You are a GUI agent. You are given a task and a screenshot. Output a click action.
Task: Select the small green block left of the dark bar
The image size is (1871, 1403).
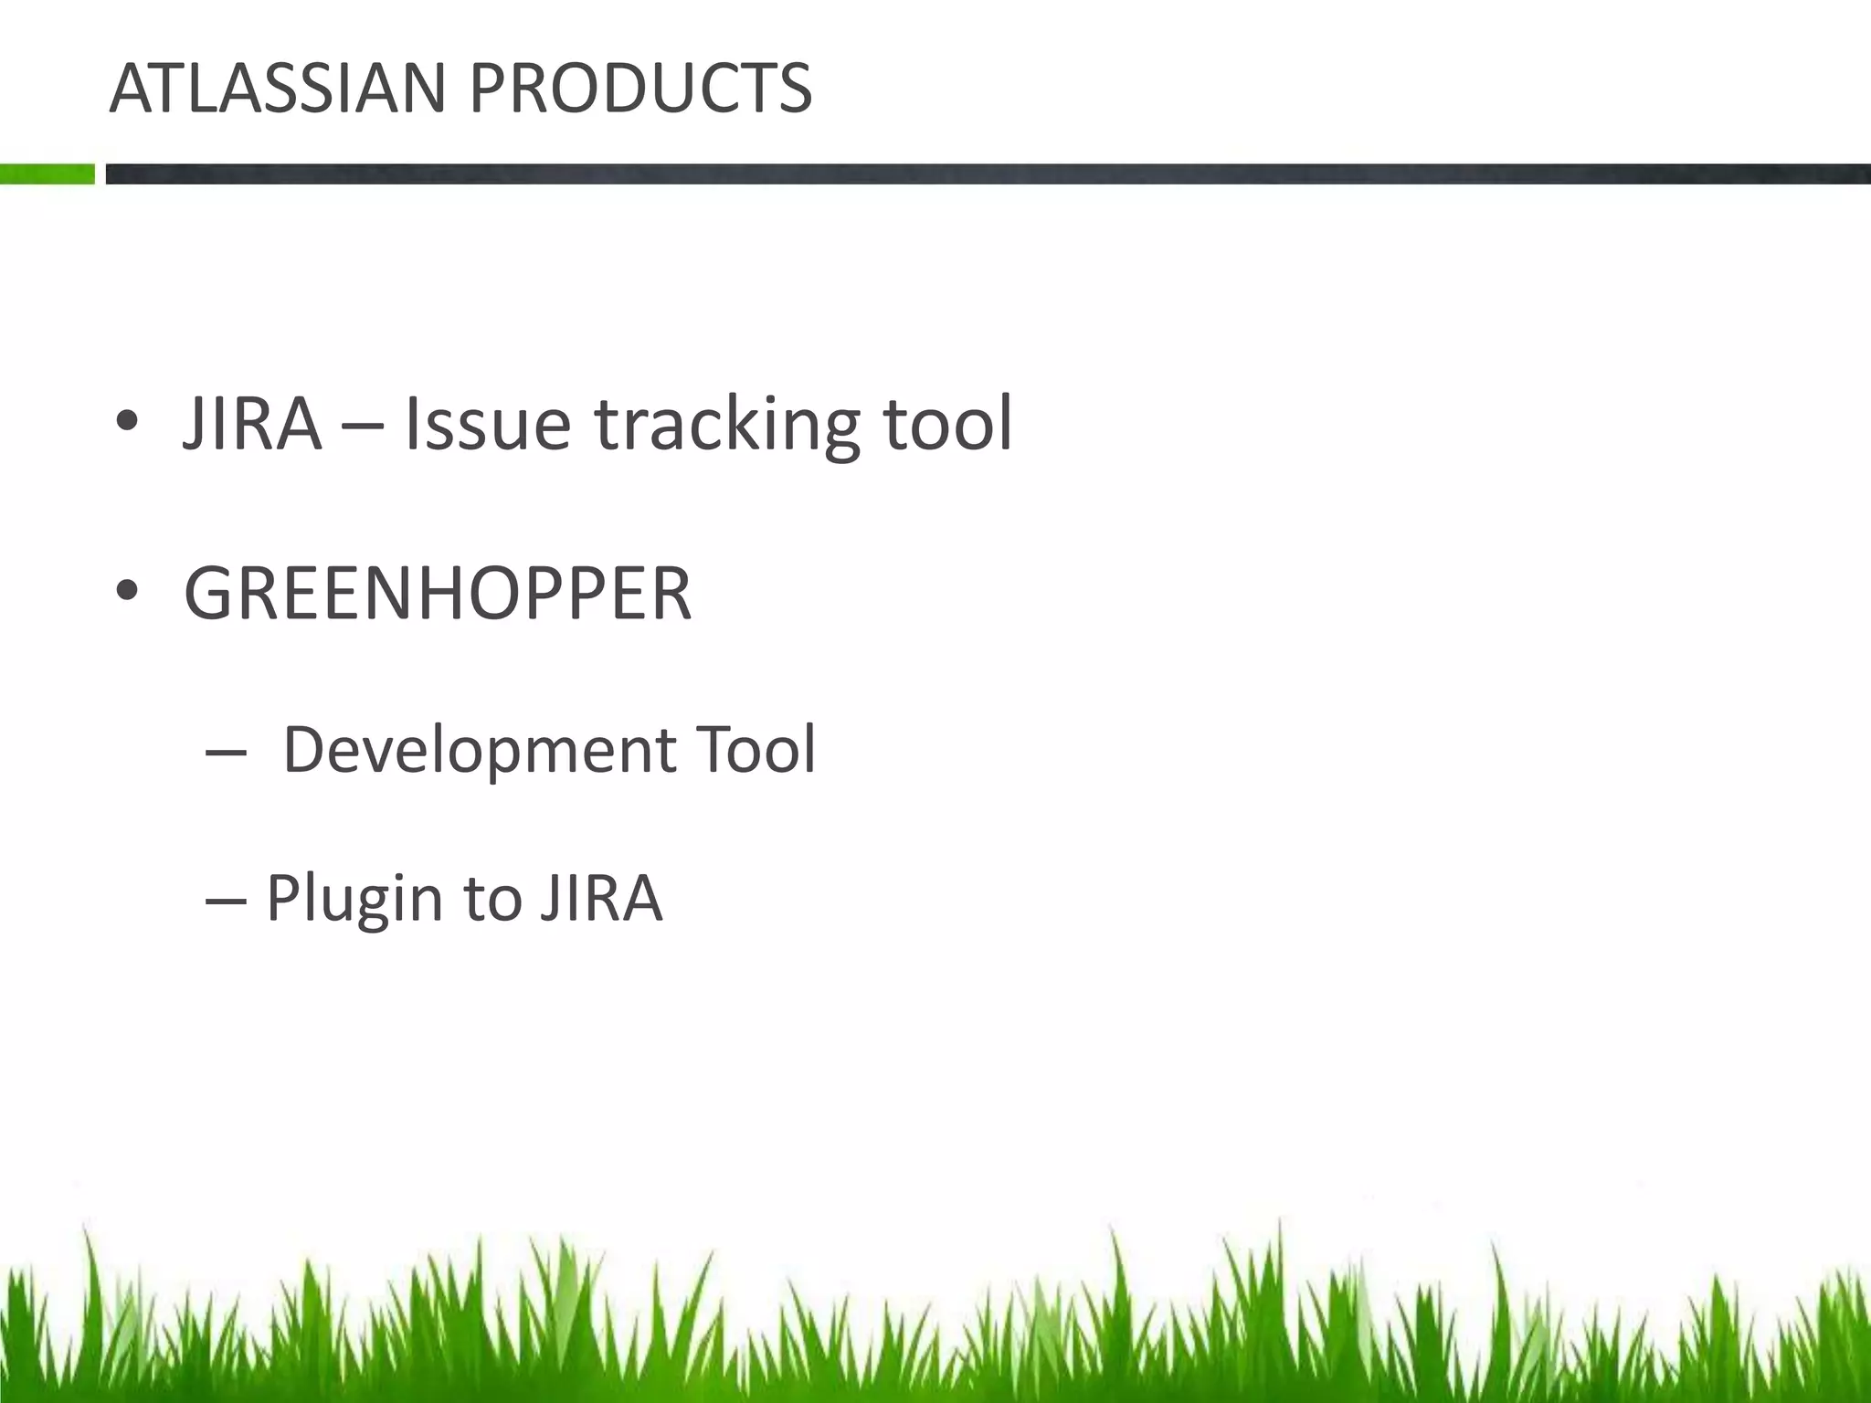pyautogui.click(x=47, y=174)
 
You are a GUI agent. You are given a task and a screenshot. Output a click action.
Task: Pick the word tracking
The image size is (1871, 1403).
pyautogui.click(x=727, y=426)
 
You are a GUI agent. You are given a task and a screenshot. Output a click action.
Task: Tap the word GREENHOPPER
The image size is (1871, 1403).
pyautogui.click(x=438, y=594)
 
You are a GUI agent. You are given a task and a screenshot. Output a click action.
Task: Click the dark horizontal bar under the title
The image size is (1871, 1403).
pyautogui.click(x=987, y=174)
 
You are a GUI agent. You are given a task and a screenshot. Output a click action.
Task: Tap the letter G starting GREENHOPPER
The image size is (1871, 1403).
pyautogui.click(x=212, y=594)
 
